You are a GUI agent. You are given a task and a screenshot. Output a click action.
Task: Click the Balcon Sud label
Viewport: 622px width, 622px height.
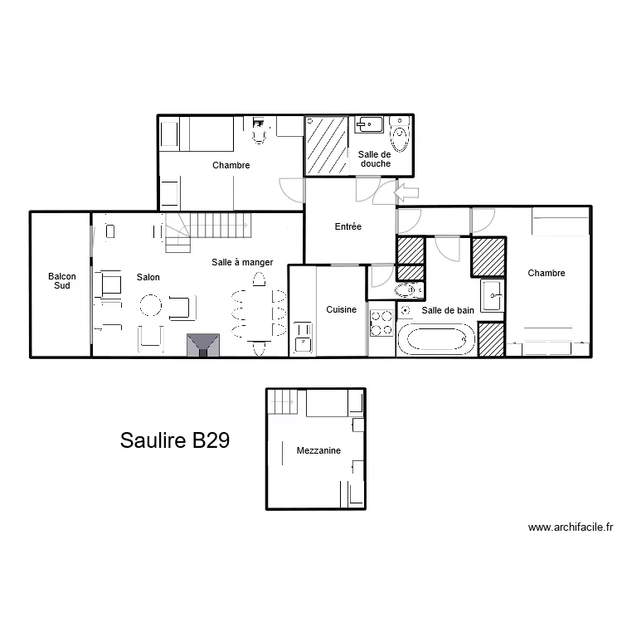click(x=60, y=280)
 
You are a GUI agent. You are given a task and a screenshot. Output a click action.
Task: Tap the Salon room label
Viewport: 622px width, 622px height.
click(x=148, y=277)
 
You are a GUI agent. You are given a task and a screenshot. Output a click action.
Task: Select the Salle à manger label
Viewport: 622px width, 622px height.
click(x=242, y=262)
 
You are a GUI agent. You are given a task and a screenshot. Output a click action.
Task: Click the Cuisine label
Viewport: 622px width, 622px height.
click(x=341, y=309)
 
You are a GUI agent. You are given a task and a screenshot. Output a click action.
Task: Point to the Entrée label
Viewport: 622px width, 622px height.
click(x=347, y=226)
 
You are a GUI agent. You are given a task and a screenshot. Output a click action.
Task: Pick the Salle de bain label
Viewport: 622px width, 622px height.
click(x=448, y=310)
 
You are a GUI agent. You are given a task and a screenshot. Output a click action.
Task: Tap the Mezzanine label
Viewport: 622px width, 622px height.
click(x=319, y=451)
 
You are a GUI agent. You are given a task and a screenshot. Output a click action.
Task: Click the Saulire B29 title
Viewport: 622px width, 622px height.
click(x=174, y=440)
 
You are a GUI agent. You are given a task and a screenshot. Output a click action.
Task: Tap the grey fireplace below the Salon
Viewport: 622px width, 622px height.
click(x=203, y=345)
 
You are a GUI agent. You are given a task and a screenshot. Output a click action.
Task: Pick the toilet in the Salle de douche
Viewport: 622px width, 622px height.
click(x=401, y=135)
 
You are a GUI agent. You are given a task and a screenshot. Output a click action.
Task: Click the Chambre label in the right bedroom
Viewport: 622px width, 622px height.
click(x=547, y=273)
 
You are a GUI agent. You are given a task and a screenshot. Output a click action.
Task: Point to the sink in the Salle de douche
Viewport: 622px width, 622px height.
click(x=369, y=124)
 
